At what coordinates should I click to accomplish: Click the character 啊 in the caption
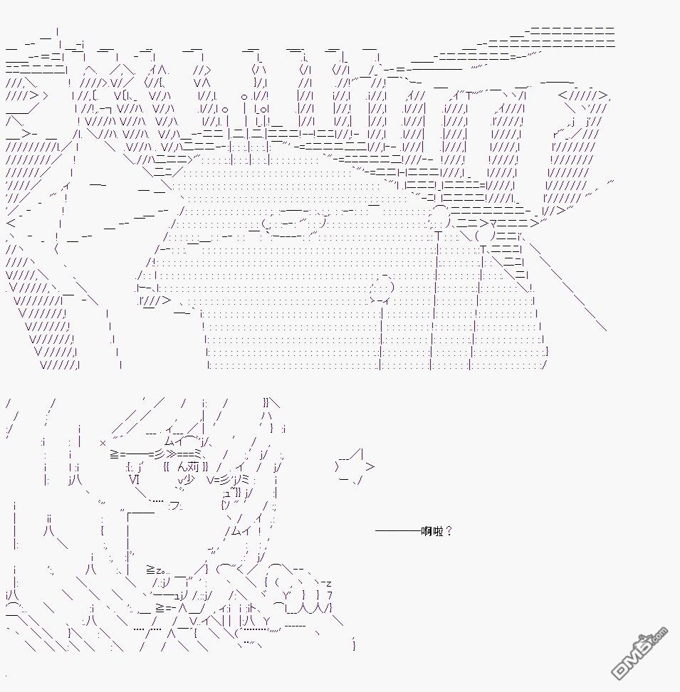pyautogui.click(x=427, y=531)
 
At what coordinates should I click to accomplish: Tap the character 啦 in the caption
pyautogui.click(x=437, y=531)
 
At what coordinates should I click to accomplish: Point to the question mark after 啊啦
pyautogui.click(x=449, y=531)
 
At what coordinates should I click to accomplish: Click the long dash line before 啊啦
pyautogui.click(x=398, y=531)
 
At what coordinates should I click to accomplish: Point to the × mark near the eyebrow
pyautogui.click(x=103, y=443)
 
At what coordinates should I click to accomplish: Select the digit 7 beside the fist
pyautogui.click(x=330, y=596)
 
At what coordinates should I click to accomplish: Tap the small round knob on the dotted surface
pyautogui.click(x=383, y=285)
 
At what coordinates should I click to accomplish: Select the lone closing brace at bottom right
pyautogui.click(x=354, y=645)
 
